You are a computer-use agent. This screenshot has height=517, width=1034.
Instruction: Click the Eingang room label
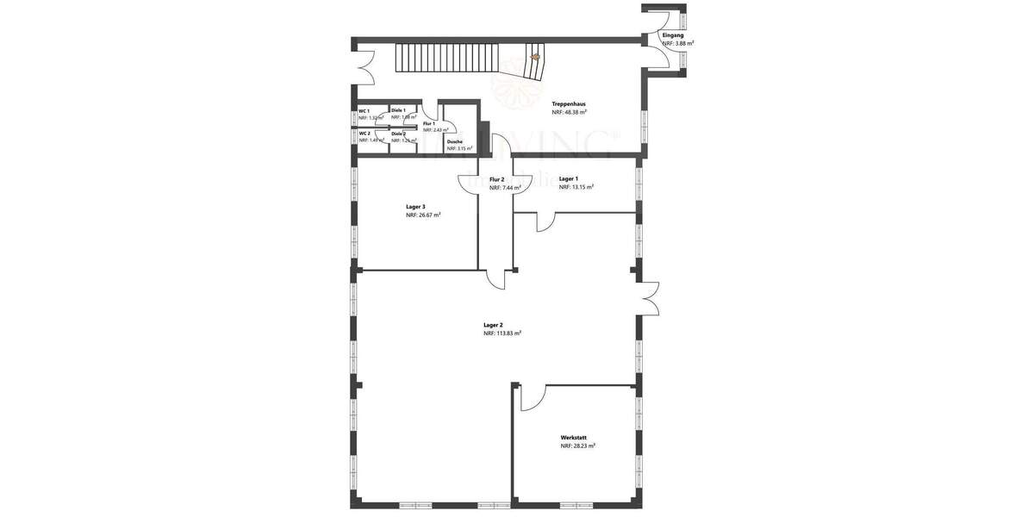coord(673,34)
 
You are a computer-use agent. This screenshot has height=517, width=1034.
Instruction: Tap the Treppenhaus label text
coord(570,103)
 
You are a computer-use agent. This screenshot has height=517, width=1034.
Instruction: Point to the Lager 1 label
coord(568,178)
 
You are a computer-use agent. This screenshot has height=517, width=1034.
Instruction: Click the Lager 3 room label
coord(415,207)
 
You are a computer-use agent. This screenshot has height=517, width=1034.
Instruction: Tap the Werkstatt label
coord(574,438)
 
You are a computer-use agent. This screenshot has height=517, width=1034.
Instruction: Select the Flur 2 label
coord(496,179)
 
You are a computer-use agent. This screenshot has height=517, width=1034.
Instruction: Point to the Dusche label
coord(455,141)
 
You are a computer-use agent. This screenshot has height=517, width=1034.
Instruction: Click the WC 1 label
coord(364,111)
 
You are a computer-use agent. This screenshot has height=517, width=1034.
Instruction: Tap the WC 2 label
coord(364,134)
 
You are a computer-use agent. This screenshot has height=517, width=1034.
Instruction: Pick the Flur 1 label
coord(429,123)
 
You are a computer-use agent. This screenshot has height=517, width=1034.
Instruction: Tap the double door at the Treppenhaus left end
coord(364,65)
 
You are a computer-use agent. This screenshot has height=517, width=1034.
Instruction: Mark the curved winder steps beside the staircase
coord(536,62)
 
